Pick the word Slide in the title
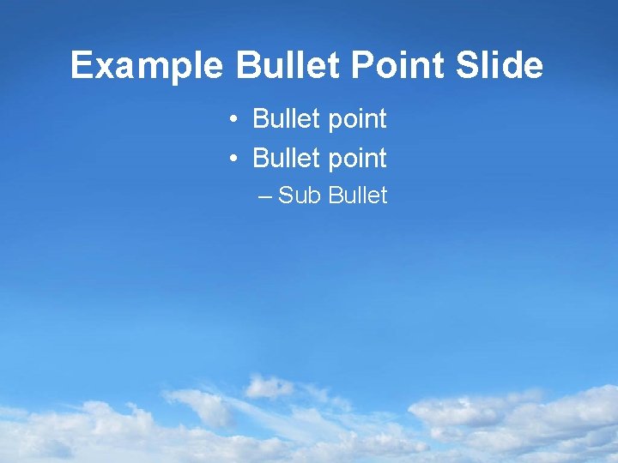point(500,66)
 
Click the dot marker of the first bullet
point(233,120)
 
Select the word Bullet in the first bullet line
point(285,119)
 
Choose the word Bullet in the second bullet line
point(285,159)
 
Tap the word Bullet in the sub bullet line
point(357,195)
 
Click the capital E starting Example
point(81,66)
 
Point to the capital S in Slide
point(468,66)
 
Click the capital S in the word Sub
point(286,195)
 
